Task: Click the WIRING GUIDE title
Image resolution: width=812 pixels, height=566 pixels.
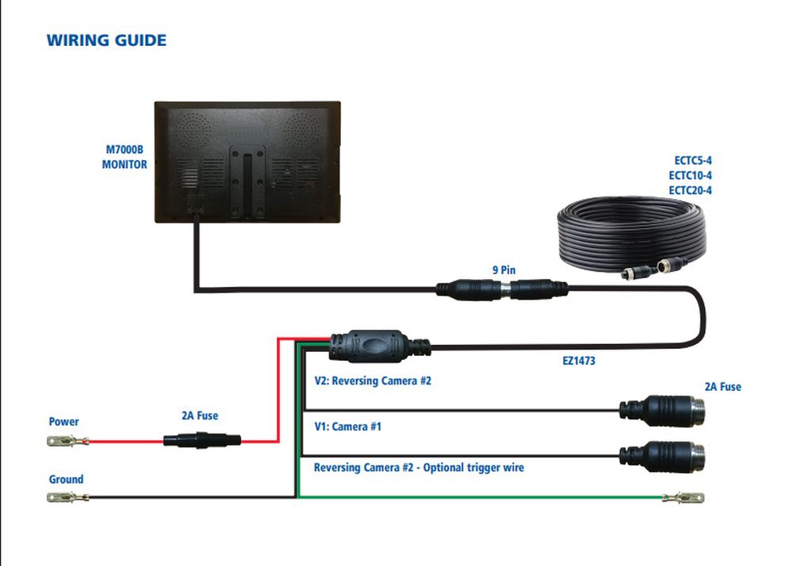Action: click(x=107, y=40)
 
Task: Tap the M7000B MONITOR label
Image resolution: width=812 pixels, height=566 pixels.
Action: click(x=124, y=157)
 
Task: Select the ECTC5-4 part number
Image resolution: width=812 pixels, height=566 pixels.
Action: click(x=693, y=161)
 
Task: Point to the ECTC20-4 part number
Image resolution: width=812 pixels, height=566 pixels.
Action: click(x=691, y=190)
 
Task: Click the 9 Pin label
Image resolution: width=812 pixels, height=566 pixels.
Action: click(x=504, y=270)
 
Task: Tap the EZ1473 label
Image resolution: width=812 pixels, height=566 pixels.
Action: click(x=579, y=361)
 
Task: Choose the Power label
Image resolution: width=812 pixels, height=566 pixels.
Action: click(x=63, y=422)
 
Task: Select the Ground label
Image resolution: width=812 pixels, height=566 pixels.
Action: click(x=66, y=479)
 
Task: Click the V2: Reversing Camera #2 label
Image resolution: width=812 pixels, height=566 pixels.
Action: click(x=373, y=381)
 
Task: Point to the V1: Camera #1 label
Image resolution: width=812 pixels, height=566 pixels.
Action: click(x=348, y=426)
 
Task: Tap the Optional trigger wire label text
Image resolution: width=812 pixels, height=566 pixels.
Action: click(x=473, y=468)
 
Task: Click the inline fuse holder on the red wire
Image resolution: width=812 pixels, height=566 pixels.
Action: click(x=202, y=441)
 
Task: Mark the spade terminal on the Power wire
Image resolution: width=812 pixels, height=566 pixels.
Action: click(x=68, y=442)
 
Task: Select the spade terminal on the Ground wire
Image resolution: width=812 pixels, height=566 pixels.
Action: click(x=68, y=498)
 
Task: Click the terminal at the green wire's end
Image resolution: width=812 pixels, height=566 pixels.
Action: click(x=683, y=498)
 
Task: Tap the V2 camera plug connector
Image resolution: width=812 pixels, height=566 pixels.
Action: click(x=662, y=411)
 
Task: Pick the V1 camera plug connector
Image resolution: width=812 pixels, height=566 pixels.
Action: click(x=662, y=457)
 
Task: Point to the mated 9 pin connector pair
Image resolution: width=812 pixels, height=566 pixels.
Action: click(x=502, y=289)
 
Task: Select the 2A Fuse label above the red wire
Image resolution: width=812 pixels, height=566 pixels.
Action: click(x=200, y=415)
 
